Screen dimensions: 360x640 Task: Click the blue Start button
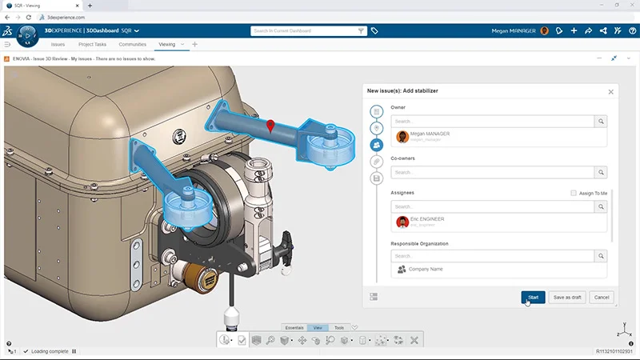point(533,297)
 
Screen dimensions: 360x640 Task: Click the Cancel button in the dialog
point(602,297)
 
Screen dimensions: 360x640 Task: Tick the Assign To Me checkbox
point(574,193)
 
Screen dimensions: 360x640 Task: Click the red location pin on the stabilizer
point(271,126)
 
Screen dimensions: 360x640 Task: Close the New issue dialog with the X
point(611,91)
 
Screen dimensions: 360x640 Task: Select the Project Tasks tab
point(92,44)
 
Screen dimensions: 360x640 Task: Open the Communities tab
point(132,44)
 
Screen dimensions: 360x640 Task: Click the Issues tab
point(58,44)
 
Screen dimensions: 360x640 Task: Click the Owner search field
point(491,121)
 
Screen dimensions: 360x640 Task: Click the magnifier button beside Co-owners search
point(600,172)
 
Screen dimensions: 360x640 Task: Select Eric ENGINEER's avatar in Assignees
point(402,222)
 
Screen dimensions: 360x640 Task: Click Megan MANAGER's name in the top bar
point(514,30)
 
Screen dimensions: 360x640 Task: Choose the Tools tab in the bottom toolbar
point(339,328)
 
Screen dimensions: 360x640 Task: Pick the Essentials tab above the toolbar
point(294,328)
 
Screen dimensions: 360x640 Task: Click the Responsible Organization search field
point(491,256)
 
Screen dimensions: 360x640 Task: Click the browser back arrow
point(7,17)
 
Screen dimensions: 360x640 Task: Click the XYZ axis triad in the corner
point(622,330)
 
